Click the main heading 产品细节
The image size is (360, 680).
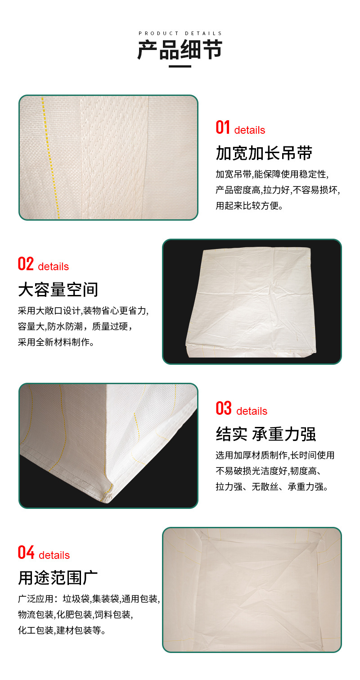(180, 50)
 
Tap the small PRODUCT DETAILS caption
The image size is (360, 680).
(180, 33)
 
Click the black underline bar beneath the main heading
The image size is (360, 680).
(180, 66)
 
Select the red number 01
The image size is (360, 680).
(223, 127)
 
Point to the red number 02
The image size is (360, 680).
(26, 263)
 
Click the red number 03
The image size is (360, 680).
(224, 408)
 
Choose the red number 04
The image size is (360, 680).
(26, 552)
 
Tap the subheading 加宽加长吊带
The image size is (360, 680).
(264, 153)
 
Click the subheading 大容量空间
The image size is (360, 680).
(58, 289)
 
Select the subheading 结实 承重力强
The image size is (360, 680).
(266, 434)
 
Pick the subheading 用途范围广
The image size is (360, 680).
(58, 577)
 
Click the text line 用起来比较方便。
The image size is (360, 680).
(249, 206)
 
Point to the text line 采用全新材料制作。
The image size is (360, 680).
(56, 342)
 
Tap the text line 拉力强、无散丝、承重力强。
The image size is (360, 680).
(272, 487)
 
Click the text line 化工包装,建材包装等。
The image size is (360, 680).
(62, 630)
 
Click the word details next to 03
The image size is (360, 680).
(252, 411)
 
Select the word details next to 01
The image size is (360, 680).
(250, 130)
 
